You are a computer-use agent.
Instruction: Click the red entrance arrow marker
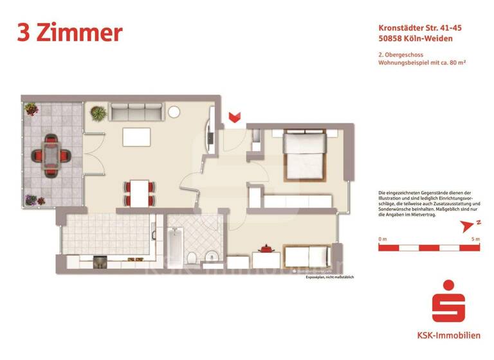[235, 117]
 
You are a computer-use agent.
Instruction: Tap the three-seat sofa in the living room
[134, 113]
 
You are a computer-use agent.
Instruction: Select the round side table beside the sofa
[174, 111]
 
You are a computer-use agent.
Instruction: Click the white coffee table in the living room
[136, 136]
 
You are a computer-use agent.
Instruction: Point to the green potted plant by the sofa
[98, 113]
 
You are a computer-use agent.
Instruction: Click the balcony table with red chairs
[50, 154]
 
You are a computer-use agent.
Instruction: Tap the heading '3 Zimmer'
[69, 32]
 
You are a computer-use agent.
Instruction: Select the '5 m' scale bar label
[475, 239]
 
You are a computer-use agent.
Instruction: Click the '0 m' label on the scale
[382, 239]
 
